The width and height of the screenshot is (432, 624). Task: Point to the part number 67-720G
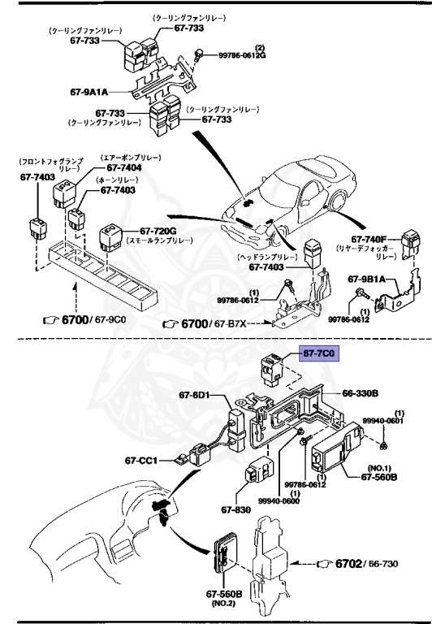pos(158,231)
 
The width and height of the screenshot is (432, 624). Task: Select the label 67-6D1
pos(195,396)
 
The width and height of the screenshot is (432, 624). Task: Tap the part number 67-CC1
pos(141,459)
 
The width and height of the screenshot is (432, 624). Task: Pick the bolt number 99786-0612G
pos(241,55)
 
